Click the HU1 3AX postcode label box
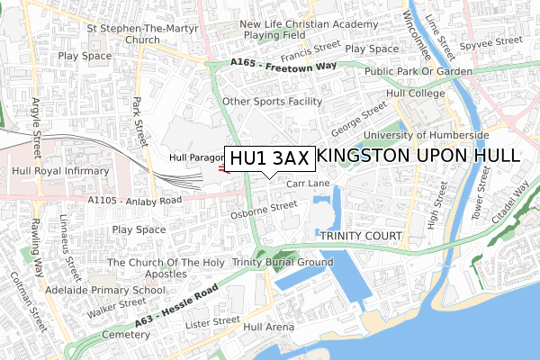269,157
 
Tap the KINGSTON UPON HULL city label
419,155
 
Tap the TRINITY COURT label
359,236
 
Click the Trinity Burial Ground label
283,262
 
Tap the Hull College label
415,94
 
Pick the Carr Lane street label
309,184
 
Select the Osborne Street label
264,210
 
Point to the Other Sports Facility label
272,102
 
